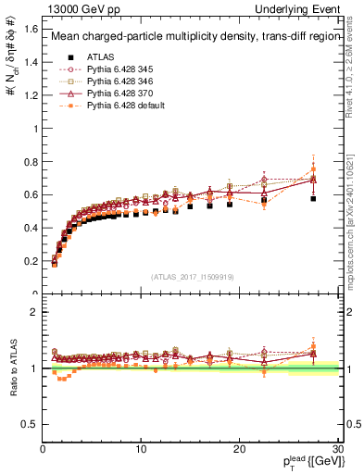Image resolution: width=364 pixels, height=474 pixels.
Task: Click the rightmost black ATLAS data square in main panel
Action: coord(313,198)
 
